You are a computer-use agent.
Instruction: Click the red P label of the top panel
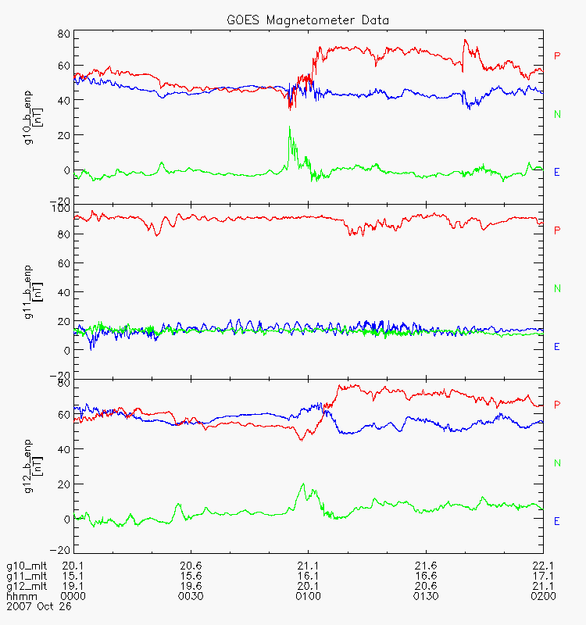coord(557,55)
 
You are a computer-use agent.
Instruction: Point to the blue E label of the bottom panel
coord(557,521)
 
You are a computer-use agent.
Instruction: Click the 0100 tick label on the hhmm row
coord(308,596)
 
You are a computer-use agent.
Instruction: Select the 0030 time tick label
coord(191,596)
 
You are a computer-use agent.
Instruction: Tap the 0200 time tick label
coord(542,596)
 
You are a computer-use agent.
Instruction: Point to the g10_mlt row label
coord(26,566)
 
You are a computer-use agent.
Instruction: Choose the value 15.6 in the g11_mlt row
coord(191,576)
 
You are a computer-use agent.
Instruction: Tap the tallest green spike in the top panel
coord(289,127)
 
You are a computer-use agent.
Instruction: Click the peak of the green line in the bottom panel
coord(303,484)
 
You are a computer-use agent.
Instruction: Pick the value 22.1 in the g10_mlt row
coord(542,566)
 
